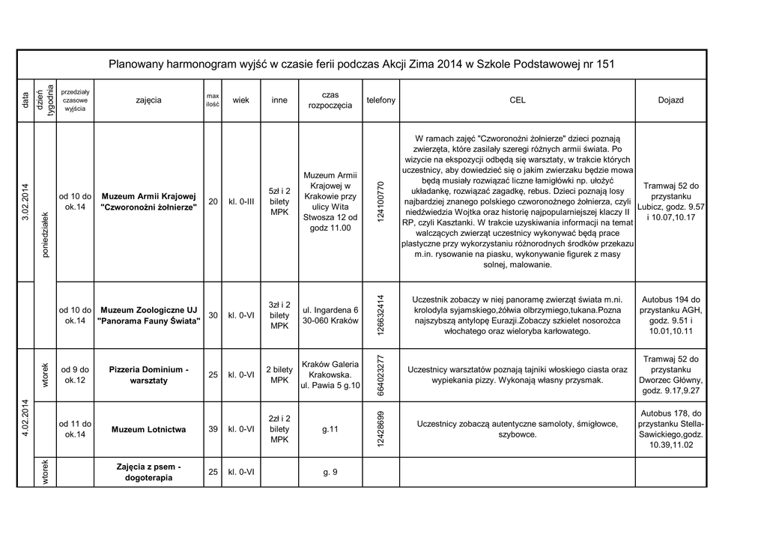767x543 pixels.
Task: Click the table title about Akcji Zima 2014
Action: [x=362, y=64]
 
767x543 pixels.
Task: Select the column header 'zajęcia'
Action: [x=148, y=100]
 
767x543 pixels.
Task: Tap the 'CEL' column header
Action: [x=517, y=100]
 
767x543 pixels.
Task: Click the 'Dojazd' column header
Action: [x=670, y=100]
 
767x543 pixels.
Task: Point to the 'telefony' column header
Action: [x=381, y=100]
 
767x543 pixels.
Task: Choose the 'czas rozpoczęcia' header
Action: [x=330, y=100]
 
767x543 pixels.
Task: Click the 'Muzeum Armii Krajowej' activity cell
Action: [x=148, y=201]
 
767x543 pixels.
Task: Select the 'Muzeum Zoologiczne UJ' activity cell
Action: [x=148, y=315]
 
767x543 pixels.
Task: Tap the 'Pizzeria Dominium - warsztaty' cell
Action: [x=148, y=375]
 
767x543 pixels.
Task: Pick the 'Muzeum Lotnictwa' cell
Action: [x=148, y=430]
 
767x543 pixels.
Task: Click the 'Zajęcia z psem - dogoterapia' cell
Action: [x=148, y=472]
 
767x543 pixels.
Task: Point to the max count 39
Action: [x=213, y=429]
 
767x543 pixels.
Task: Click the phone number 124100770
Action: [x=381, y=201]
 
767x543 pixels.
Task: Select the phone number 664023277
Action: [x=381, y=375]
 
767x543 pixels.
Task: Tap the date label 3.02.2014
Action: [x=25, y=201]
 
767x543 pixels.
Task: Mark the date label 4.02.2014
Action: [x=25, y=423]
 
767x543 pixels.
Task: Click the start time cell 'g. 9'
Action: [x=330, y=472]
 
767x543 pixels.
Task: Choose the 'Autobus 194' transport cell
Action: [x=670, y=315]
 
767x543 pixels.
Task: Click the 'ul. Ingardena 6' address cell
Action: [x=330, y=315]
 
